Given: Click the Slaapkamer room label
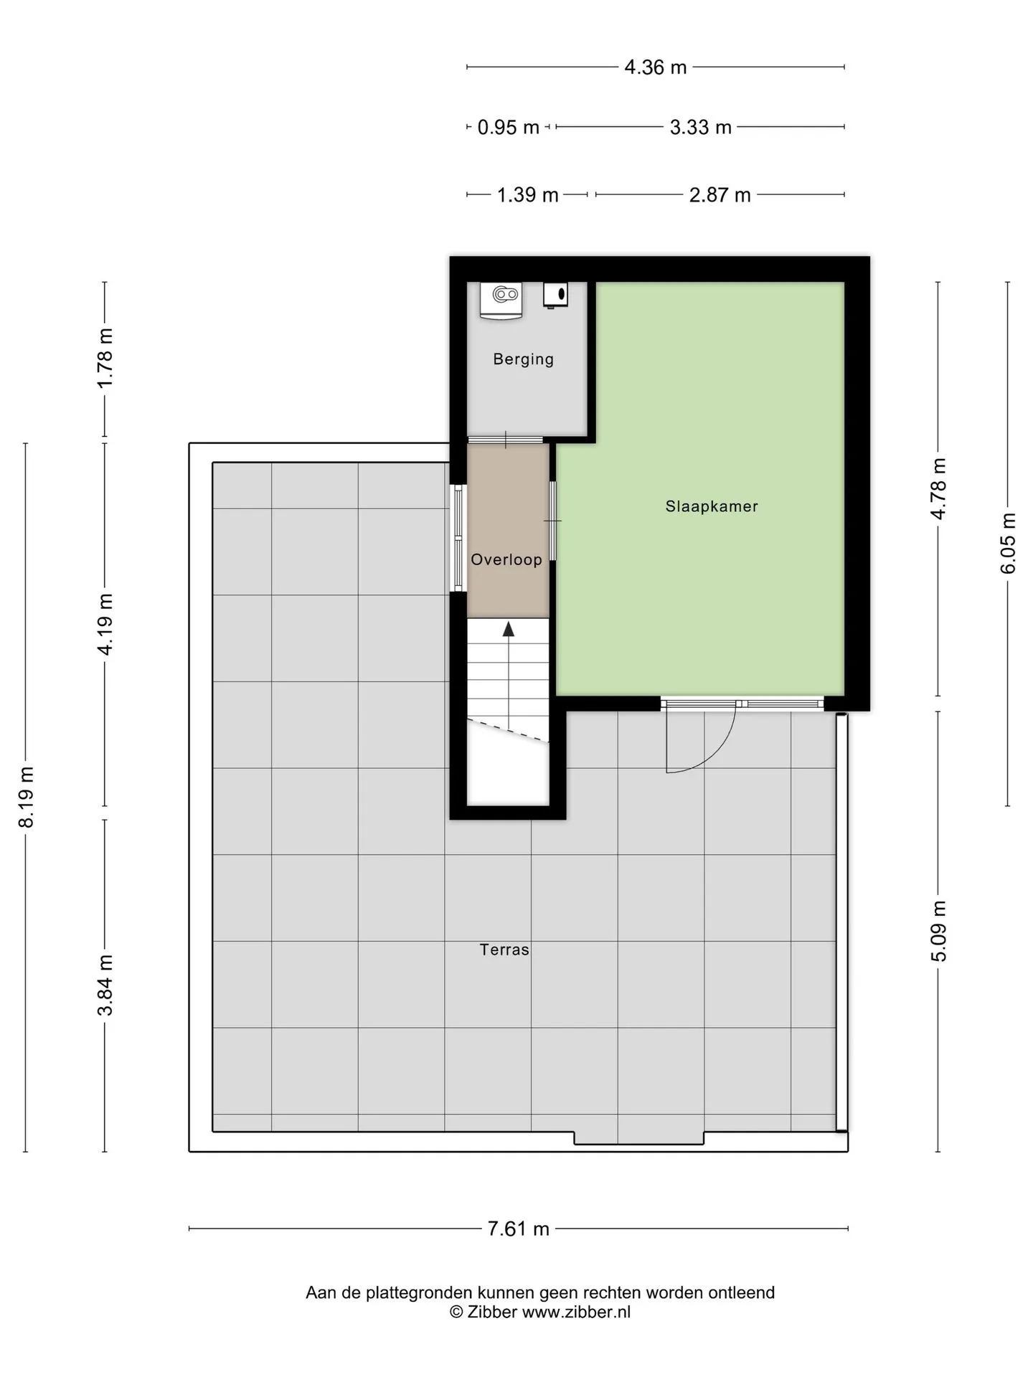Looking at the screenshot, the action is click(x=712, y=506).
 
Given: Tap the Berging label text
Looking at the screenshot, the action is click(x=524, y=359).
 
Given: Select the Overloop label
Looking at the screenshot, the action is click(x=506, y=559).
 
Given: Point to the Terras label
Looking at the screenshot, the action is click(x=504, y=950).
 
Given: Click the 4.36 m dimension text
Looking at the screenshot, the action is click(x=656, y=67).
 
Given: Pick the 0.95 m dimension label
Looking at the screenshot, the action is click(x=509, y=128).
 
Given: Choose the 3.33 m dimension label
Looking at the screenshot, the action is click(x=701, y=128).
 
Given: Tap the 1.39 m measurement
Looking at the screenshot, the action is click(x=528, y=195).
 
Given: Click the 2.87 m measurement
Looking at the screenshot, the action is click(x=720, y=195).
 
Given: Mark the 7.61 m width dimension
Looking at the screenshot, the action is click(x=519, y=1229).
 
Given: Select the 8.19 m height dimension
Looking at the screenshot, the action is click(x=26, y=797).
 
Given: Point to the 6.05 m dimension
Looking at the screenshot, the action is click(x=1008, y=543).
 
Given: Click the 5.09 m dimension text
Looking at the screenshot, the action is click(x=938, y=931).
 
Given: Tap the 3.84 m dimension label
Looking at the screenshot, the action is click(x=105, y=985).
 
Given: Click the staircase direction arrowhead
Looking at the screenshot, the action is click(x=509, y=629).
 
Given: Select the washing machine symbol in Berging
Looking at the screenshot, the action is click(x=501, y=301).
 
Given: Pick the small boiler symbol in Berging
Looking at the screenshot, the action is click(x=556, y=295).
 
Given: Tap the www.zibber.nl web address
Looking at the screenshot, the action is click(x=576, y=1312).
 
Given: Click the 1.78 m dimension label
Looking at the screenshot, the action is click(x=105, y=358).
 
